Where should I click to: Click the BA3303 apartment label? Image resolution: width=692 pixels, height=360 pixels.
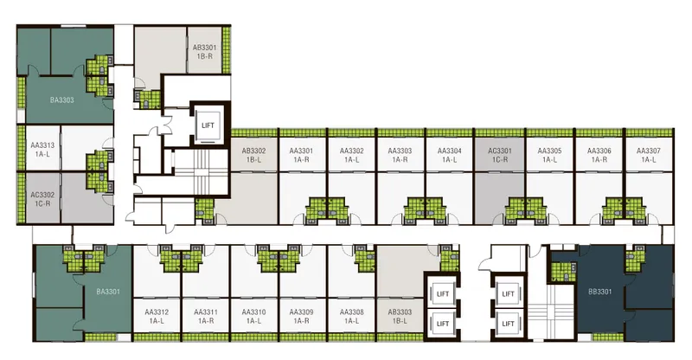pos(61,100)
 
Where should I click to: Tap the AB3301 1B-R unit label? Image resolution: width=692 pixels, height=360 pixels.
pos(205,52)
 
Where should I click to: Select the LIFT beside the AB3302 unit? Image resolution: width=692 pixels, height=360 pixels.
pos(208,125)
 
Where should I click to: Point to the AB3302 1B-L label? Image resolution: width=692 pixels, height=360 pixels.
pos(253,155)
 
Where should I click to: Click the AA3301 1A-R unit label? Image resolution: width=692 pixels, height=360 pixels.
pos(301,155)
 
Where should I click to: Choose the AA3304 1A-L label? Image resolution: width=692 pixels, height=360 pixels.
pos(449,155)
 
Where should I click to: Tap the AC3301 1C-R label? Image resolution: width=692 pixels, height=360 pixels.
pos(500,155)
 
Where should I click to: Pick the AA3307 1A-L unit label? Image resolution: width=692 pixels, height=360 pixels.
pos(648,155)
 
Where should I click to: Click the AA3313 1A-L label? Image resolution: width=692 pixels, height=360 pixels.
pos(42,150)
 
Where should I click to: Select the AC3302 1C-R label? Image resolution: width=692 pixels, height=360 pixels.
pos(42,199)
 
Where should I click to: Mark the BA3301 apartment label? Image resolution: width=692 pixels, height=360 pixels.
pos(108,292)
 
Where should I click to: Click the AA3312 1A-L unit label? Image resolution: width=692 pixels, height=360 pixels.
pos(157,316)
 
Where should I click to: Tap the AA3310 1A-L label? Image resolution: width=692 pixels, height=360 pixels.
pos(253,316)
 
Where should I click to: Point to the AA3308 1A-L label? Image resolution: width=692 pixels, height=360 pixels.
pos(352,316)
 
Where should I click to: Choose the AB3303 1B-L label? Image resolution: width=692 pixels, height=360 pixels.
pos(400,316)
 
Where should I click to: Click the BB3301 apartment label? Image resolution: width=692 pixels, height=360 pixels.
pos(600,292)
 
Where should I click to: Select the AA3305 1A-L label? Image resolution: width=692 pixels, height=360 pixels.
pos(549,155)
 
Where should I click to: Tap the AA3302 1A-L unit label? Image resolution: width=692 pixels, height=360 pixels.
pos(352,155)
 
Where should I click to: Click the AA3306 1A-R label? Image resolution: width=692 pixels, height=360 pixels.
pos(599,155)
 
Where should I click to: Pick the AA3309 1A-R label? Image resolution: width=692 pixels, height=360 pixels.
pos(301,316)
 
